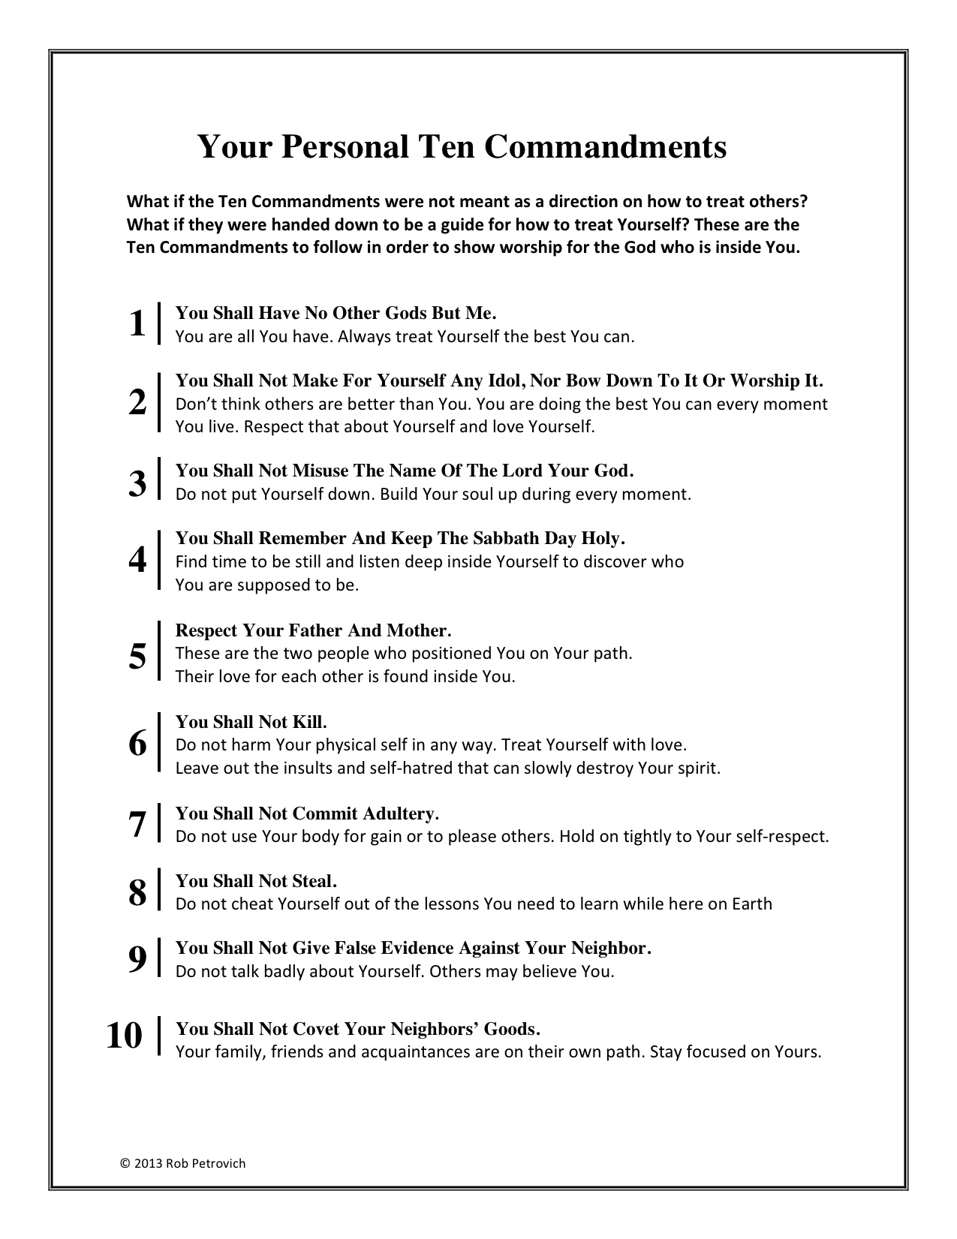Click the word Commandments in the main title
(x=604, y=147)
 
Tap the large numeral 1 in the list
(x=137, y=324)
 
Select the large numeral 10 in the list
(x=125, y=1036)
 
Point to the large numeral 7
(x=137, y=825)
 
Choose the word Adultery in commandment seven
(x=401, y=813)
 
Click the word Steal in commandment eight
(x=314, y=880)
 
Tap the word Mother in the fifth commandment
(x=418, y=630)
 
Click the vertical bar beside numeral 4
(x=159, y=560)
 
